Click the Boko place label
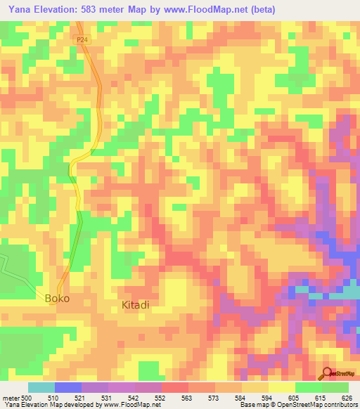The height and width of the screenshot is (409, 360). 58,299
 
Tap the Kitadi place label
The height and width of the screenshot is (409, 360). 136,305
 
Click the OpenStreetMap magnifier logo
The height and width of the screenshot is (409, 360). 327,374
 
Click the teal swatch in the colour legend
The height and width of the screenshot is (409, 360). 41,387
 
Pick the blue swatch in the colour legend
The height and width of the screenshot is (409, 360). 67,387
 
